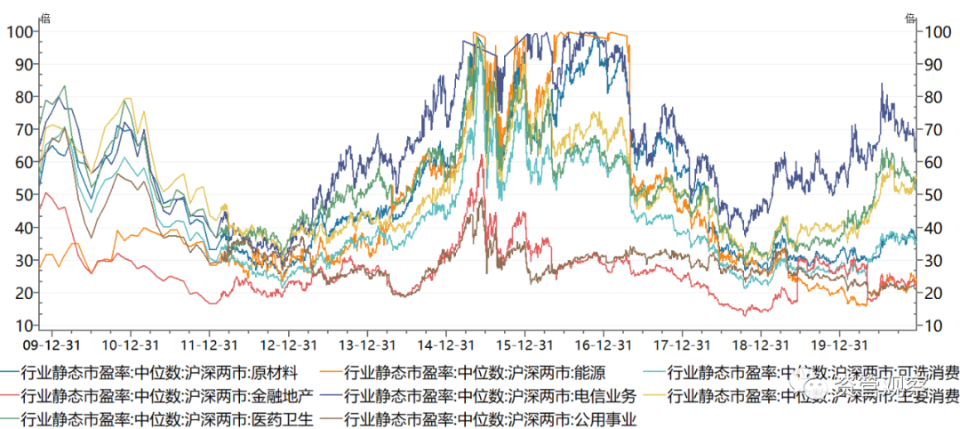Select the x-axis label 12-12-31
(x=290, y=343)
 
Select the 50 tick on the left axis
(x=23, y=195)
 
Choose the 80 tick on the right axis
(x=933, y=97)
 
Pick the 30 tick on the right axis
(x=933, y=261)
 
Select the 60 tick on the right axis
(x=933, y=163)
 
